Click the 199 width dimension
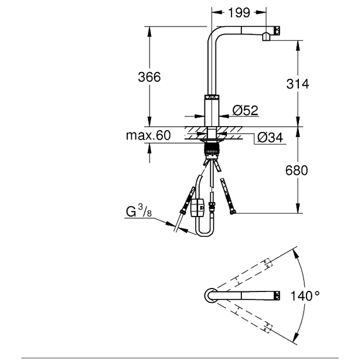[239, 13]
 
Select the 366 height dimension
[149, 77]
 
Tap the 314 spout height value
[298, 84]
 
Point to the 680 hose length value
[297, 170]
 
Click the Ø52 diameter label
[245, 110]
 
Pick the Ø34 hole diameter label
[270, 138]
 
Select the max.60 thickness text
[148, 135]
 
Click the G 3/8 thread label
[139, 211]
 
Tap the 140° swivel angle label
[305, 296]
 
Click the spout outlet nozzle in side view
[266, 37]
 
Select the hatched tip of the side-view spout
[278, 31]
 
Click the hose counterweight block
[197, 207]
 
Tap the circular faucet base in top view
[211, 295]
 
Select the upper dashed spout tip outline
[268, 263]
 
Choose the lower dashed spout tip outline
[268, 328]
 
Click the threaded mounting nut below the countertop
[212, 150]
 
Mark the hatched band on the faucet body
[212, 97]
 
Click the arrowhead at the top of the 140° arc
[295, 253]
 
